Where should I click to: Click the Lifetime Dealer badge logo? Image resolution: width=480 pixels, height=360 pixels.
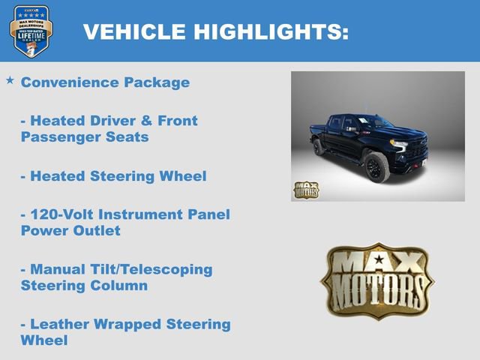click(x=31, y=31)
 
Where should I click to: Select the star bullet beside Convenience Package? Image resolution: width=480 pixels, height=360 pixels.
click(x=10, y=79)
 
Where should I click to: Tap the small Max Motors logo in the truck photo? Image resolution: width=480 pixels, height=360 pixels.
click(x=305, y=190)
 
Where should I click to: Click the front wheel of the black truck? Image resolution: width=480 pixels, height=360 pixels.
click(x=376, y=167)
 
